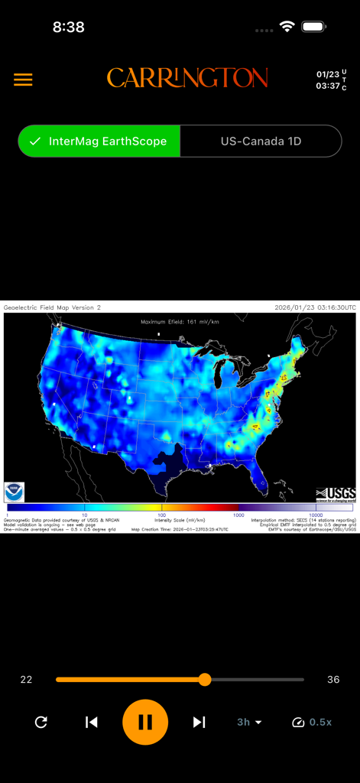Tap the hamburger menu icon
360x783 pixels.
tap(23, 80)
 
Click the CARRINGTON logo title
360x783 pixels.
tap(187, 78)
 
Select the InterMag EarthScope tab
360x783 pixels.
tap(99, 141)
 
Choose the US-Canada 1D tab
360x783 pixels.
tap(261, 141)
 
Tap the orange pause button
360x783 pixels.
tap(145, 722)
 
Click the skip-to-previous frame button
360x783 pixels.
tap(92, 722)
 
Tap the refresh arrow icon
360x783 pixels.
tap(41, 722)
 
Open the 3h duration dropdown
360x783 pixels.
tap(249, 722)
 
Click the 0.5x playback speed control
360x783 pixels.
tap(312, 722)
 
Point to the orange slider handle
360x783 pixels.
tap(204, 679)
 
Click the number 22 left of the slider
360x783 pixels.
tap(26, 679)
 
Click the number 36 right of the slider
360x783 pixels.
tap(333, 679)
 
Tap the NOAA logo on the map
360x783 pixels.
tap(15, 492)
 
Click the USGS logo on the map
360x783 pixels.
tap(335, 494)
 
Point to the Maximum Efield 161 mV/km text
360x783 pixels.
tap(180, 322)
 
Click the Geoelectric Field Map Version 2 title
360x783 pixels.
tap(52, 307)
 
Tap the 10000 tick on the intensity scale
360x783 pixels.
tap(315, 515)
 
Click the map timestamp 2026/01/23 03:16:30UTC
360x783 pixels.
tap(315, 307)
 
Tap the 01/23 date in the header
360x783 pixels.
tap(327, 74)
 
